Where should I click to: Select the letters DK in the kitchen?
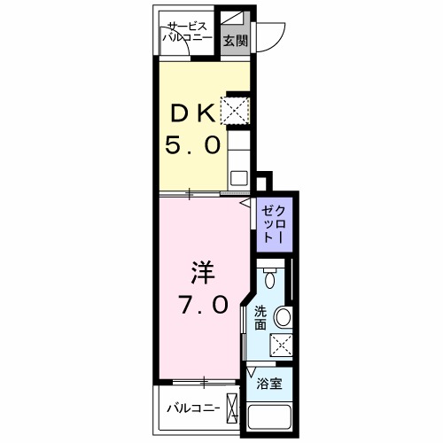190,113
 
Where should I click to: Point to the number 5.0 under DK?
190,145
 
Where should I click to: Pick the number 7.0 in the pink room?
202,305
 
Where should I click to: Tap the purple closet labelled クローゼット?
273,224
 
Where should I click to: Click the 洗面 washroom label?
260,317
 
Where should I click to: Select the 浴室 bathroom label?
269,384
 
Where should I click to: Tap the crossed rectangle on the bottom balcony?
233,408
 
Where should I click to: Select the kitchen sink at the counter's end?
239,176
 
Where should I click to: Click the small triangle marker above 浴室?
252,369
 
